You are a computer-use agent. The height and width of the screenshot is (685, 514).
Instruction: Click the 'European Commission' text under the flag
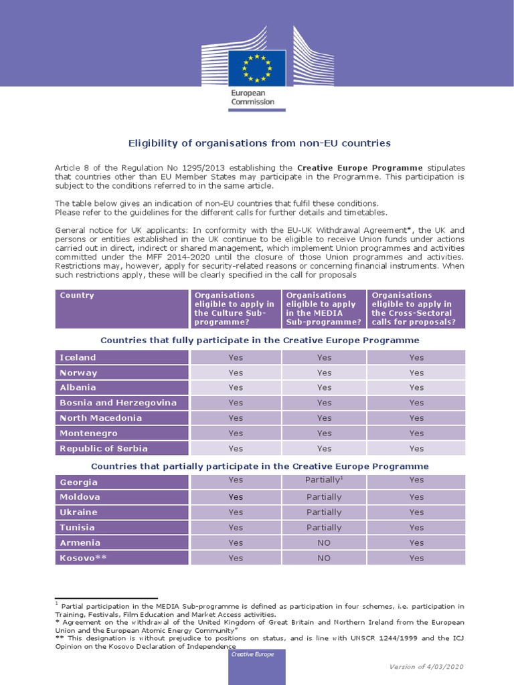[x=253, y=97]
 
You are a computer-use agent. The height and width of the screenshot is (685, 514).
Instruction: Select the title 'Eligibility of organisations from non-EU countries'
[x=259, y=143]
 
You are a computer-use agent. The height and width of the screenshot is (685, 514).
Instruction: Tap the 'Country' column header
[x=77, y=295]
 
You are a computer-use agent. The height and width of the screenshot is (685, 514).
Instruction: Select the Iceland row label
[x=78, y=357]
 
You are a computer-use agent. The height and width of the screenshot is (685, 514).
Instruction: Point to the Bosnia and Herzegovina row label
[x=118, y=403]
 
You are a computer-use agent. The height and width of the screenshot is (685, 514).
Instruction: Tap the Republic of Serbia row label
[x=104, y=448]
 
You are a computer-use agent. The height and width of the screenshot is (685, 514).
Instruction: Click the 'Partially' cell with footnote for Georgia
[x=324, y=480]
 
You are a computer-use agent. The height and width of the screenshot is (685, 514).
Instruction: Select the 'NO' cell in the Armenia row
[x=324, y=543]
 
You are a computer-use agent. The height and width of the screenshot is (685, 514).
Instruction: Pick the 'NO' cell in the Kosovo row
[x=324, y=558]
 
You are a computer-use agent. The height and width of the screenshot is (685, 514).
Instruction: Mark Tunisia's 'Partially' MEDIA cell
[x=324, y=527]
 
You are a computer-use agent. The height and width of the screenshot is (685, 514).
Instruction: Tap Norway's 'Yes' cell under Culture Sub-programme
[x=236, y=373]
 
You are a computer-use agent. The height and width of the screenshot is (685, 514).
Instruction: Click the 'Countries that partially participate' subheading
[x=260, y=466]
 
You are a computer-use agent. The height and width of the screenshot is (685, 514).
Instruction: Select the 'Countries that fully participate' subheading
[x=260, y=340]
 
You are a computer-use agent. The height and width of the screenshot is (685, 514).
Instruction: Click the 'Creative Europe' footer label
[x=252, y=654]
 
